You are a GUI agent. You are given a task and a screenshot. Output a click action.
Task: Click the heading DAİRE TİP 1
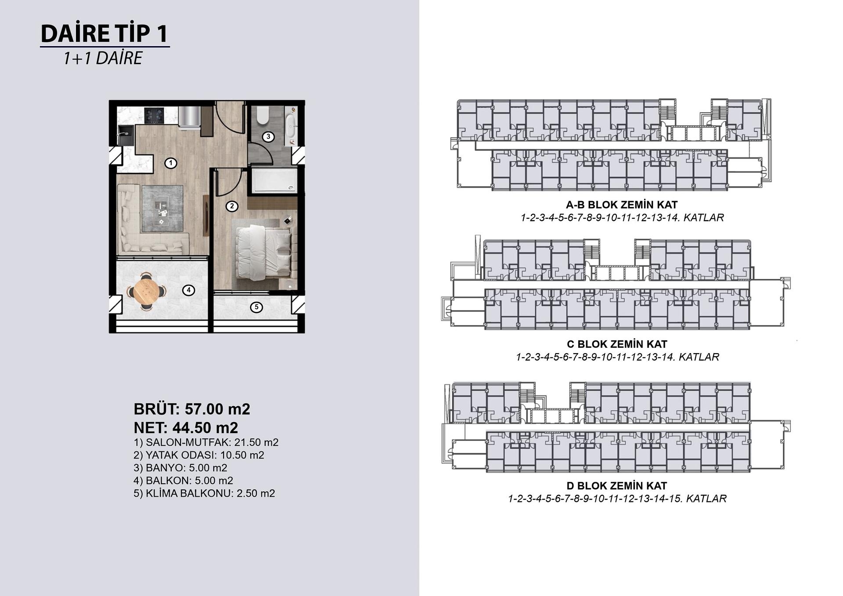point(104,33)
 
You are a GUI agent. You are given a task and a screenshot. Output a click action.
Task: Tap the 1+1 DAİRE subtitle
point(103,58)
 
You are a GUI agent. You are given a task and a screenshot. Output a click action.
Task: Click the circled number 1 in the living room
point(171,163)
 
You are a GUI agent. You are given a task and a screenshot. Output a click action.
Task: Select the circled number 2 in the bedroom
point(232,206)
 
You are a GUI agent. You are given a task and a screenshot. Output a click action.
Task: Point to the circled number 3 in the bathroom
point(268,137)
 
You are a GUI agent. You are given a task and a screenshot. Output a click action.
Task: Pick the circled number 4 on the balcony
point(189,290)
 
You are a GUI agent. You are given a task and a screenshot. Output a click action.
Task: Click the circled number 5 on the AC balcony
point(256,307)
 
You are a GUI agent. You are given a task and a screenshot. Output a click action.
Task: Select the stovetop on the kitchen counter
point(154,115)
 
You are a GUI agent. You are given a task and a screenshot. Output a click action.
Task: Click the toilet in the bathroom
point(263,115)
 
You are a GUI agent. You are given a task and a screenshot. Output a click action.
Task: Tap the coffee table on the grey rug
point(161,210)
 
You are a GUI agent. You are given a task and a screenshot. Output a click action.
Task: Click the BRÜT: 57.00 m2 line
point(192,409)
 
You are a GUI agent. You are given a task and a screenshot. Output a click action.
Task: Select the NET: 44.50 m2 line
point(186,428)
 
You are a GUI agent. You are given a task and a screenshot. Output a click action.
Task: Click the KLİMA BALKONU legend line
point(204,493)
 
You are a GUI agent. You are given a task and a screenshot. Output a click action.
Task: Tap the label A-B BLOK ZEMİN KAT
point(622,205)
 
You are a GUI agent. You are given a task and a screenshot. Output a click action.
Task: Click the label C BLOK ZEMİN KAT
point(617,344)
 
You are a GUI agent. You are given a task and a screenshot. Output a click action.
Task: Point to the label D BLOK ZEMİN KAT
point(617,486)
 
